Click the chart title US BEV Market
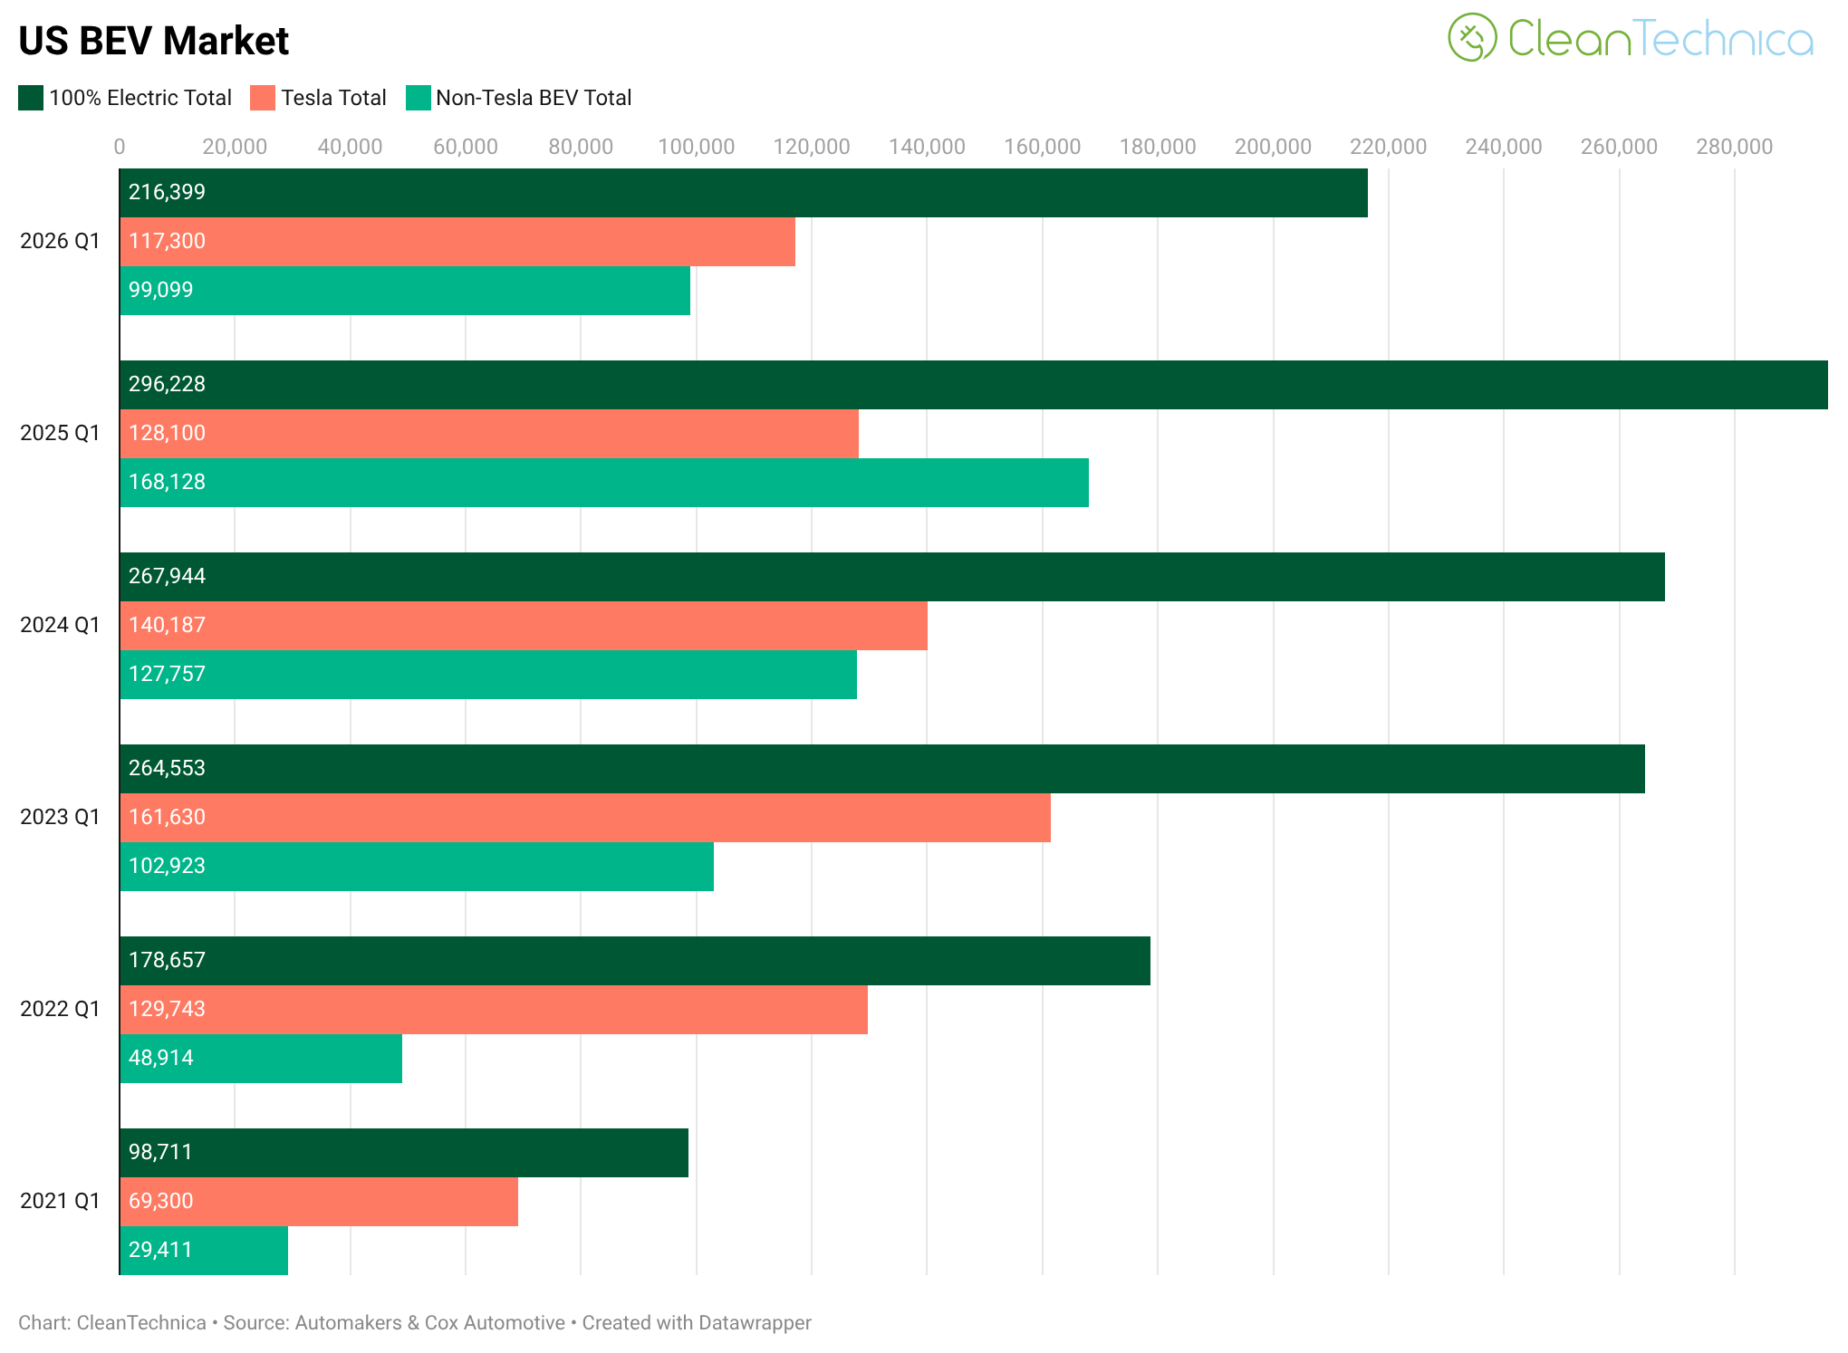(153, 41)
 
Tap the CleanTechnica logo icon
(1472, 37)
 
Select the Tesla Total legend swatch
(263, 98)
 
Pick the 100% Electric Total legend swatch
(31, 98)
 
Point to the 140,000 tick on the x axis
(927, 147)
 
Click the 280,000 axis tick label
(1734, 147)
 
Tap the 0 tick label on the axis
(120, 147)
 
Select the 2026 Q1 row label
(60, 241)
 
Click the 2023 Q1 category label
(60, 817)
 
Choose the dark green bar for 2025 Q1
(973, 385)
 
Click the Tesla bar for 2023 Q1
(585, 818)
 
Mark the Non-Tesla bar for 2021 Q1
(204, 1251)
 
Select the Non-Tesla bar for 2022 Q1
(261, 1059)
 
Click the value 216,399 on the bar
(167, 192)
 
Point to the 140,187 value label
(167, 625)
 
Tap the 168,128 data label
(167, 482)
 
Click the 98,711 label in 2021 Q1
(160, 1152)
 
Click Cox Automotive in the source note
(495, 1323)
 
